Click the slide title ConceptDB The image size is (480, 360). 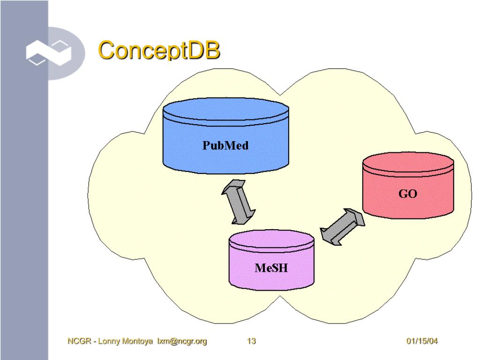pyautogui.click(x=159, y=51)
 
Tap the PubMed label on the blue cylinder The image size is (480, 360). pyautogui.click(x=225, y=145)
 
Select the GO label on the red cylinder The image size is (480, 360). pyautogui.click(x=408, y=194)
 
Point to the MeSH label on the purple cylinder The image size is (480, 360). pyautogui.click(x=271, y=268)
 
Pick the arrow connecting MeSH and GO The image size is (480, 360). pyautogui.click(x=342, y=227)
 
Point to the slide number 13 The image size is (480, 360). pyautogui.click(x=251, y=341)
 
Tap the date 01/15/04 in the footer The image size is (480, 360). pyautogui.click(x=422, y=341)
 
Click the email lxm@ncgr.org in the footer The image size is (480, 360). pyautogui.click(x=182, y=341)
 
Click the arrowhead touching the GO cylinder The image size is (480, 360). pyautogui.click(x=356, y=217)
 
